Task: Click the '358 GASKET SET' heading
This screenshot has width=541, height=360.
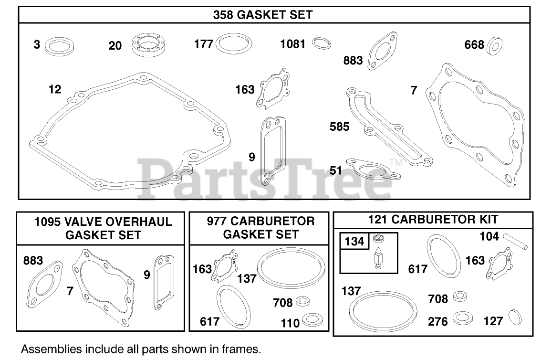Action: point(263,15)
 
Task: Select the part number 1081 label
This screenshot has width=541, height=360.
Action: point(292,44)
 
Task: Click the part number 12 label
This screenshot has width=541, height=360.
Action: point(55,89)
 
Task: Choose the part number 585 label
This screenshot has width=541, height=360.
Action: point(339,127)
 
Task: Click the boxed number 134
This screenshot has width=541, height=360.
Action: point(354,242)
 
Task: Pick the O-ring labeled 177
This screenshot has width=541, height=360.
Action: point(234,45)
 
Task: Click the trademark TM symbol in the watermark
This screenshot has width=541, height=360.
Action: point(396,162)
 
